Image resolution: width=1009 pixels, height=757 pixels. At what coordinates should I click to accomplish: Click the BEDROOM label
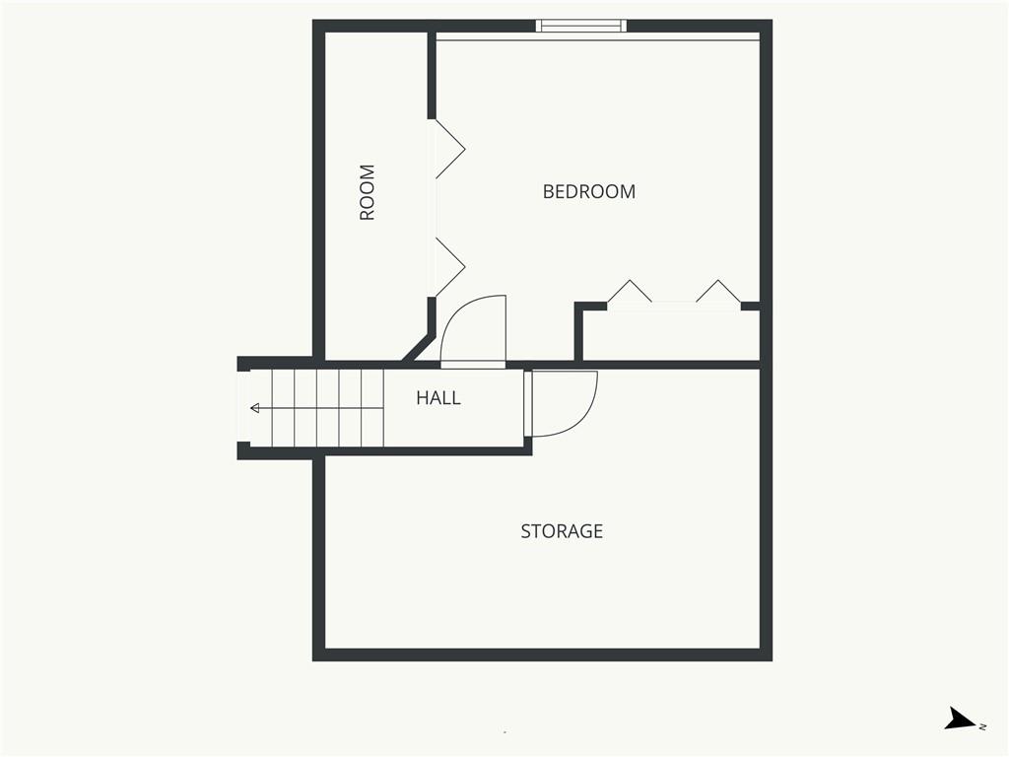589,191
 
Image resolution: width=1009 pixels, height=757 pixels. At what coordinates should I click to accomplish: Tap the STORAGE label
562,531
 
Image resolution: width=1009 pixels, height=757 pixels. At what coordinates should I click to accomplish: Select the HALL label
438,398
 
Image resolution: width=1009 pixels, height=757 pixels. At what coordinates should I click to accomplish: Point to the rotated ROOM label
367,192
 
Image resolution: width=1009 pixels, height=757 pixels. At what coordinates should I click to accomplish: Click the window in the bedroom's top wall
581,26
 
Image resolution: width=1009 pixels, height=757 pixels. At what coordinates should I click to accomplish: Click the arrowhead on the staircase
255,408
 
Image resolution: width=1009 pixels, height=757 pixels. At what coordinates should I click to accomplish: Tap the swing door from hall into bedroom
473,331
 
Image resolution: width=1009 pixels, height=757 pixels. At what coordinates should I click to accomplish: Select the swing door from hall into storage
561,404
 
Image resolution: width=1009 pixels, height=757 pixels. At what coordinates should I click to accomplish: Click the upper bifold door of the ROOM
450,149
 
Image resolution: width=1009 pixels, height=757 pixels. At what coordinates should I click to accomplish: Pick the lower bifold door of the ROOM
450,267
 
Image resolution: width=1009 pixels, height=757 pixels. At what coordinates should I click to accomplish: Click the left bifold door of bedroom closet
630,292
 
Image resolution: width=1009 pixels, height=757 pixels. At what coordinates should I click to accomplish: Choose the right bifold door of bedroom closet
718,292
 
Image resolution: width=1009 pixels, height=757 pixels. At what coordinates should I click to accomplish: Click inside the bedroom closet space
671,336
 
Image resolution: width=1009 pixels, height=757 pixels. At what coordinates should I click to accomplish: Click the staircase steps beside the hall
327,408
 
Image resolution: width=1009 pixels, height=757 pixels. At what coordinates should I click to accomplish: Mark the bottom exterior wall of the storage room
543,654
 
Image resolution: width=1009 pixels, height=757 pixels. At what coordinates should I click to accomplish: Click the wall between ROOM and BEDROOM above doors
432,75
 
